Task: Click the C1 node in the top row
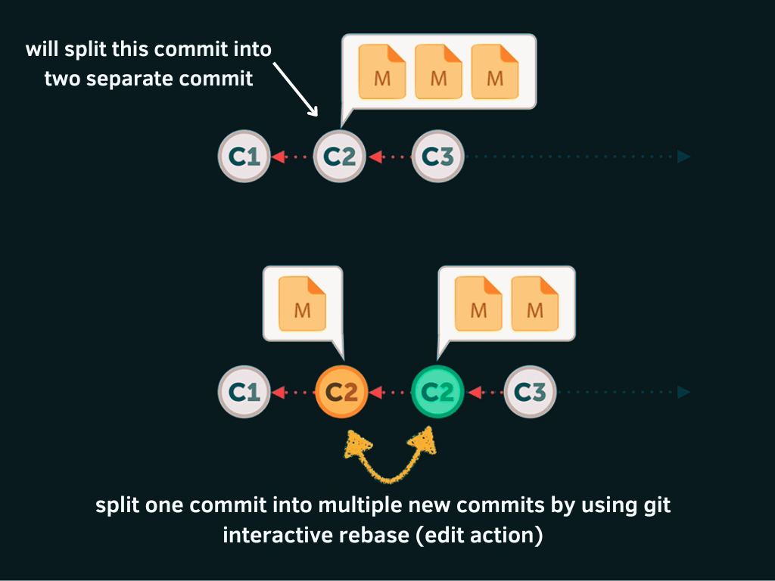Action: click(x=244, y=157)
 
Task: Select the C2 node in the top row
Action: click(x=340, y=157)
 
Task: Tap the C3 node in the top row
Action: click(x=437, y=157)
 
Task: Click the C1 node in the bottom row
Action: click(x=244, y=392)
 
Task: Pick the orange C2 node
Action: click(x=341, y=392)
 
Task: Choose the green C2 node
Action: click(x=437, y=392)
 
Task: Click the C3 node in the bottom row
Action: click(x=530, y=392)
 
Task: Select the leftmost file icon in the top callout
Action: click(x=382, y=72)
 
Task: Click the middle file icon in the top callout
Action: click(x=438, y=72)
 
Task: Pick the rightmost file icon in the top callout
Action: click(x=495, y=72)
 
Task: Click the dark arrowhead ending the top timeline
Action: click(x=684, y=157)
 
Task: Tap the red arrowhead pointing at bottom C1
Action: click(x=278, y=392)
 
